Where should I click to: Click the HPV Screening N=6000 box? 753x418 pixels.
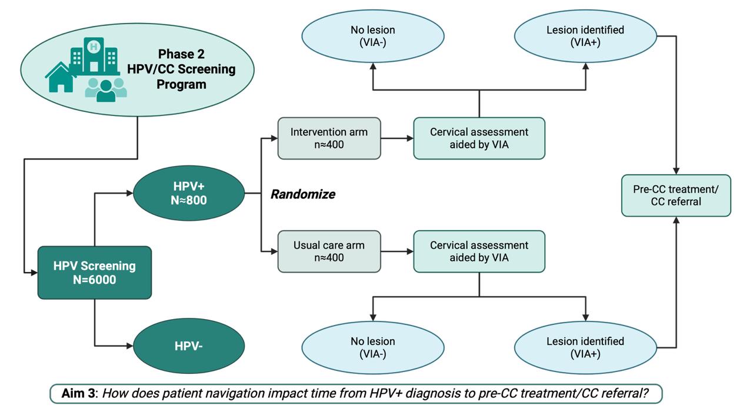[x=94, y=272]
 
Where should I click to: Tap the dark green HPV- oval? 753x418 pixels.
[x=189, y=346]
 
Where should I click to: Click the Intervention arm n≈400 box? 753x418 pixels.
[x=329, y=138]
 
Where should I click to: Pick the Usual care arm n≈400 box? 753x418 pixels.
[x=329, y=251]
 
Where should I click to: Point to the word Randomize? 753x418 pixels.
[x=302, y=194]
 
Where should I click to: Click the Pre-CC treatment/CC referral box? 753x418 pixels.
[x=676, y=195]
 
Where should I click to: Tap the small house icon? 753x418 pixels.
[x=61, y=78]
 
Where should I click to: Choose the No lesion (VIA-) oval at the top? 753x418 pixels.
[x=372, y=36]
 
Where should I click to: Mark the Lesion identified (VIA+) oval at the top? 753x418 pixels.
[x=585, y=36]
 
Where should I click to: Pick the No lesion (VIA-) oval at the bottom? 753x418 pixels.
[x=372, y=347]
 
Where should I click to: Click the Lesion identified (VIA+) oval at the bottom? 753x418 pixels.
[x=585, y=347]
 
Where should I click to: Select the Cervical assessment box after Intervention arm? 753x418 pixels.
[x=479, y=138]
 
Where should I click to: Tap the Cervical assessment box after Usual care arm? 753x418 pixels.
[x=479, y=251]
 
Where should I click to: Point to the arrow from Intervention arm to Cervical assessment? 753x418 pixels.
[x=397, y=139]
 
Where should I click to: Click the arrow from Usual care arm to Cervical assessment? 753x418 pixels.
[x=397, y=251]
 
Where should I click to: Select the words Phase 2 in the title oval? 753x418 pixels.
[x=181, y=54]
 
